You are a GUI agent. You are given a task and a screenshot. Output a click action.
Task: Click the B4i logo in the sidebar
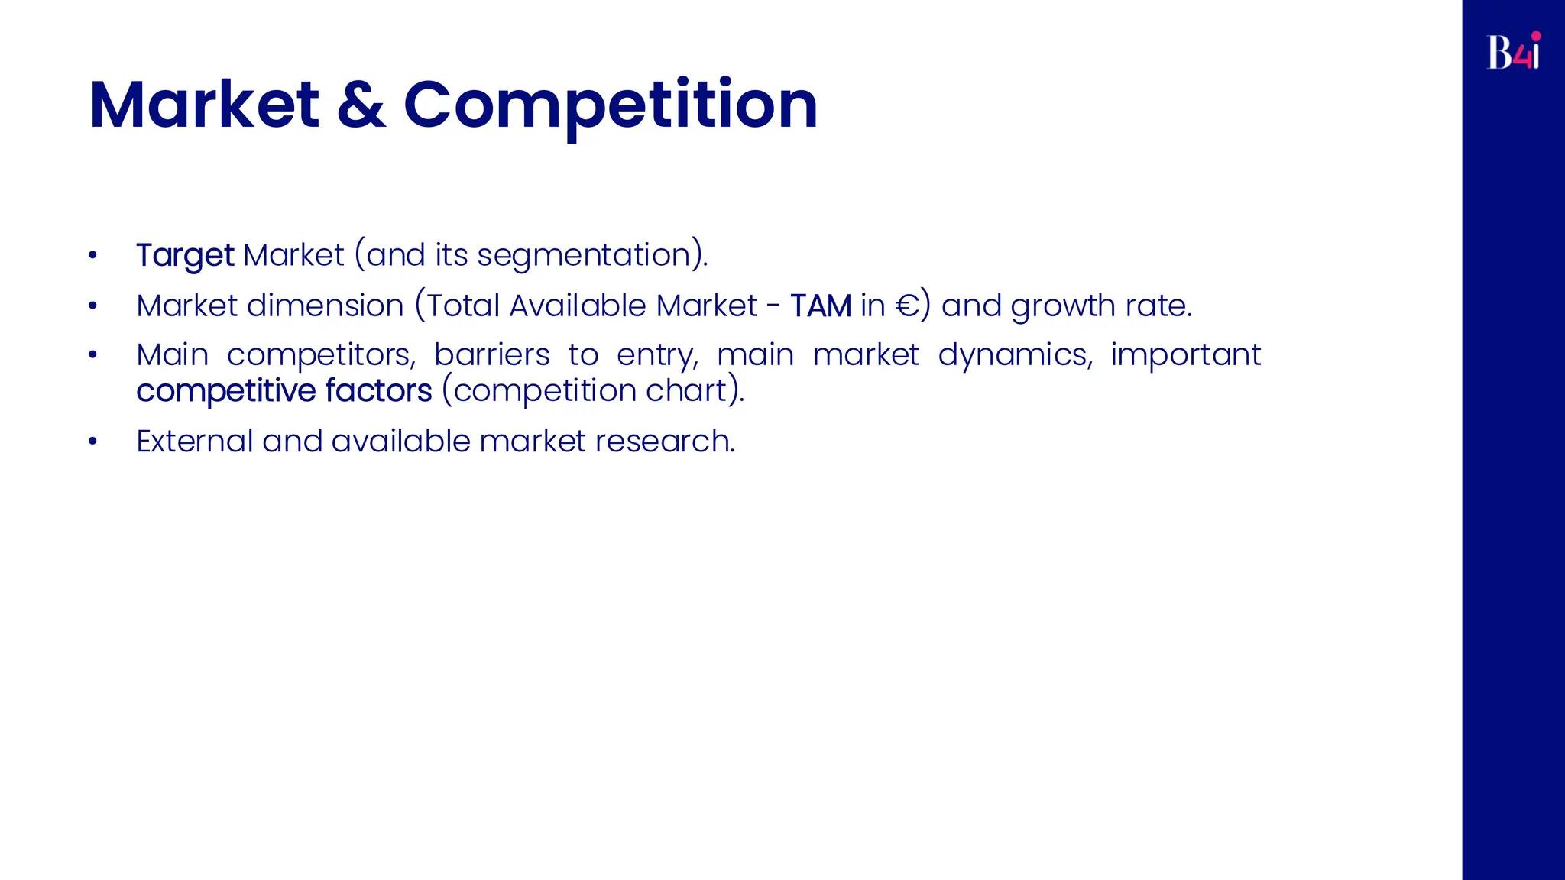(1513, 51)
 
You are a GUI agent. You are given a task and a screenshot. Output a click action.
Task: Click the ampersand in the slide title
(361, 105)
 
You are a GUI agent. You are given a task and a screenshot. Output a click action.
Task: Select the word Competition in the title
(610, 105)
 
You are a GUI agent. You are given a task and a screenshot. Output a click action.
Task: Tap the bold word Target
(185, 255)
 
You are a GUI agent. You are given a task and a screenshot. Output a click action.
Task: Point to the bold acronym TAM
(820, 306)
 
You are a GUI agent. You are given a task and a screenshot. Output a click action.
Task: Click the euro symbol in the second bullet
(907, 306)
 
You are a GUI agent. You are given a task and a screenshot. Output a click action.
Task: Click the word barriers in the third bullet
(491, 355)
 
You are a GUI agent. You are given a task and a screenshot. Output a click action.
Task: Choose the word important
(1185, 355)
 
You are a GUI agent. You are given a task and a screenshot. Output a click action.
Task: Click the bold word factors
(378, 391)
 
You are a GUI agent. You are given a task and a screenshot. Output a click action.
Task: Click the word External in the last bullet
(194, 442)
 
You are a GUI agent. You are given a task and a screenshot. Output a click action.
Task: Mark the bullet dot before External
(92, 442)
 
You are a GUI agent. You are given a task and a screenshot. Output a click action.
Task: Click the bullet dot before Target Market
(92, 255)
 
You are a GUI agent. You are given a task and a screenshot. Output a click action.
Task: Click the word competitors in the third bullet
(321, 355)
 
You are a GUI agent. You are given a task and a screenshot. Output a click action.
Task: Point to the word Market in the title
(204, 105)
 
